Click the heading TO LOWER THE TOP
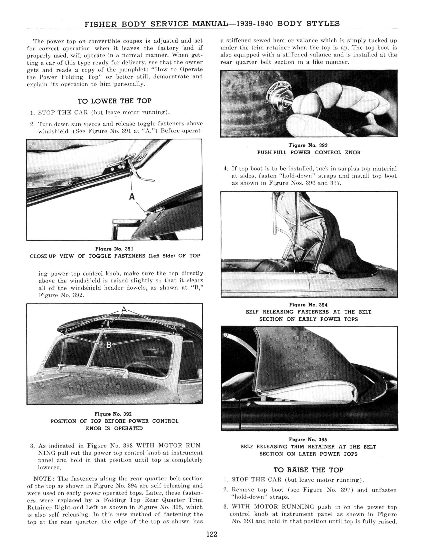(x=115, y=101)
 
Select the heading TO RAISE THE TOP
(x=308, y=470)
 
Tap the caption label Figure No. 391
(x=114, y=249)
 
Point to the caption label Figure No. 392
(x=113, y=414)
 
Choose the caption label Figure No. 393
(x=308, y=145)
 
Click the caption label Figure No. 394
(x=308, y=305)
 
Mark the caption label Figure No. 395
(x=308, y=440)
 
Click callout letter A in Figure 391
(x=132, y=197)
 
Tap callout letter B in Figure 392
(x=109, y=345)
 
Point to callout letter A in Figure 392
(x=124, y=309)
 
